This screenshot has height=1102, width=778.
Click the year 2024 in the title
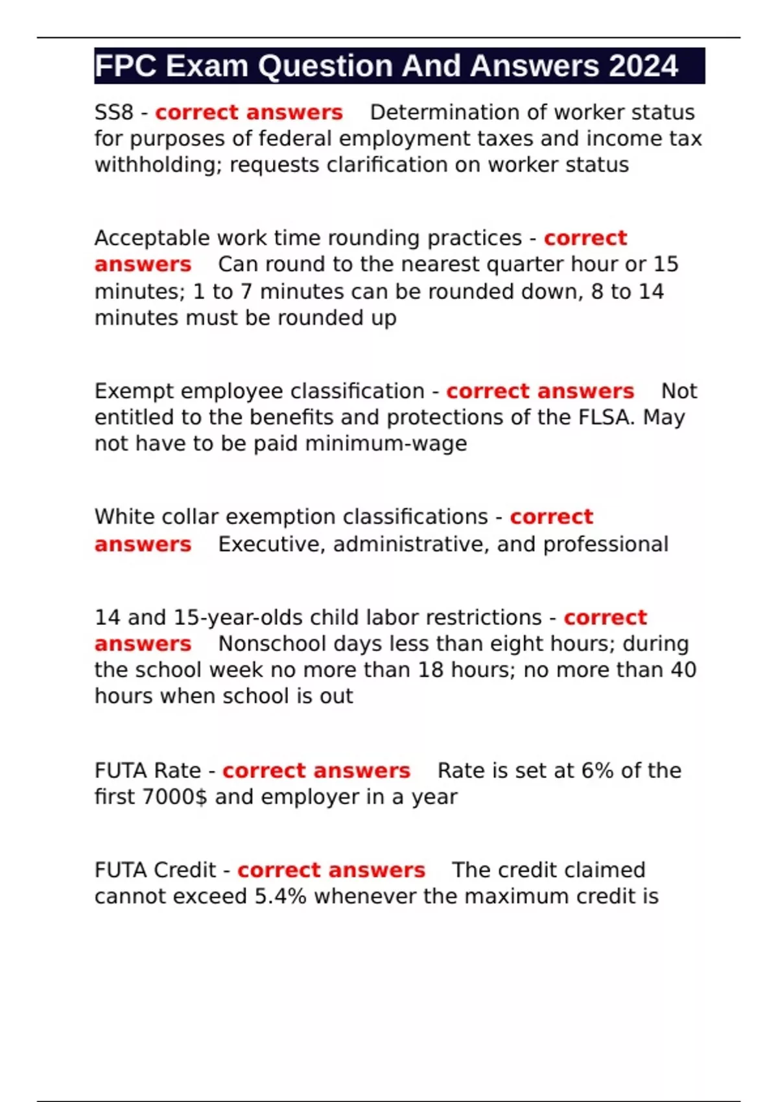643,66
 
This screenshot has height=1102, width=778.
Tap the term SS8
113,112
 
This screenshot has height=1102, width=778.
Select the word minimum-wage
386,443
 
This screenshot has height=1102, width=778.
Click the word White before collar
124,517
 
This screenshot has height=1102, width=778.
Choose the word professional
606,544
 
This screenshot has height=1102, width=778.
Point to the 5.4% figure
280,897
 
